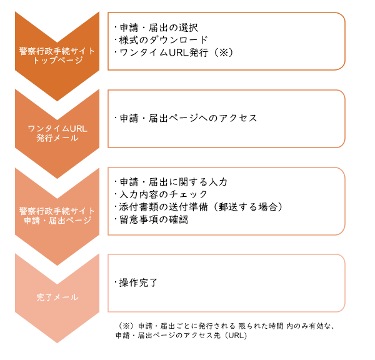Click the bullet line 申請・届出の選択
156,27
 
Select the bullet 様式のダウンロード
161,40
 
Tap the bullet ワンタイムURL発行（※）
174,52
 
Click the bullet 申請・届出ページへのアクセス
186,118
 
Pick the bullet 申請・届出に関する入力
171,182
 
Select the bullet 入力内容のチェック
161,194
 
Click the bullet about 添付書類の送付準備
199,207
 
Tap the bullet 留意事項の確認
151,219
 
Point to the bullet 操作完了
136,282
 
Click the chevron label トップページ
57,60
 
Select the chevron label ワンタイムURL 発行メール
57,134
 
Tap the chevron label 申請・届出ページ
57,220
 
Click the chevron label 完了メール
57,297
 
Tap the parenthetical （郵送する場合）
247,207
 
